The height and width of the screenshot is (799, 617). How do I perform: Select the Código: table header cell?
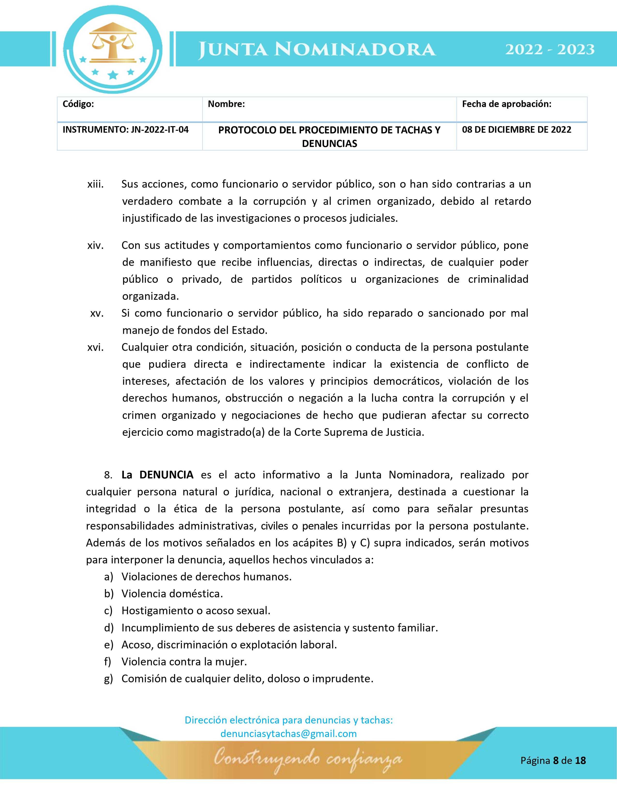point(78,104)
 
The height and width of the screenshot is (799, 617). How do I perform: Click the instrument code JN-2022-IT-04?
point(125,130)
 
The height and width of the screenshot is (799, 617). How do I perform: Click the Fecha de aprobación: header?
point(506,104)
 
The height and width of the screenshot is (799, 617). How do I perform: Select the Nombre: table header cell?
point(226,104)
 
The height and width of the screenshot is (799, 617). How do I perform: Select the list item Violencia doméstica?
point(172,593)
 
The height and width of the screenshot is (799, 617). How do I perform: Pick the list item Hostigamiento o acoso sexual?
point(196,611)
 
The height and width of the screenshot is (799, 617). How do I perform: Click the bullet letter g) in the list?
point(109,679)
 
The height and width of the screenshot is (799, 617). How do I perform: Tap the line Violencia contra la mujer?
point(184,662)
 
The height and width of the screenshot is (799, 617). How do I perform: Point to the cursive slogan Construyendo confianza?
point(308,761)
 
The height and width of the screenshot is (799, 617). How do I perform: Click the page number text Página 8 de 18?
point(553,761)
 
